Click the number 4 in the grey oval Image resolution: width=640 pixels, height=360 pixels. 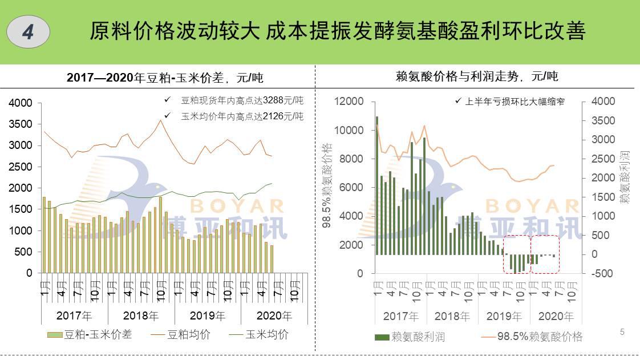[28, 33]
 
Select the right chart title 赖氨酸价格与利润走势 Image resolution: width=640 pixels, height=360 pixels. [476, 76]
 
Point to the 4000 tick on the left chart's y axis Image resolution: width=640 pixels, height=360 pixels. [21, 103]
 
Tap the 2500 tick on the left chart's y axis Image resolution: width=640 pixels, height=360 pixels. [21, 167]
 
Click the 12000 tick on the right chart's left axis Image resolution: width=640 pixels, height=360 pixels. [349, 102]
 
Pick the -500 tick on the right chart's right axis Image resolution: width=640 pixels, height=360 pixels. [603, 273]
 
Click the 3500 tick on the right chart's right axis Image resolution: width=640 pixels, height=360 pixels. [603, 120]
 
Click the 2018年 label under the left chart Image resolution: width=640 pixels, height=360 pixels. [141, 315]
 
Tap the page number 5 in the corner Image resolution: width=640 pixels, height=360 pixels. [622, 332]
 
